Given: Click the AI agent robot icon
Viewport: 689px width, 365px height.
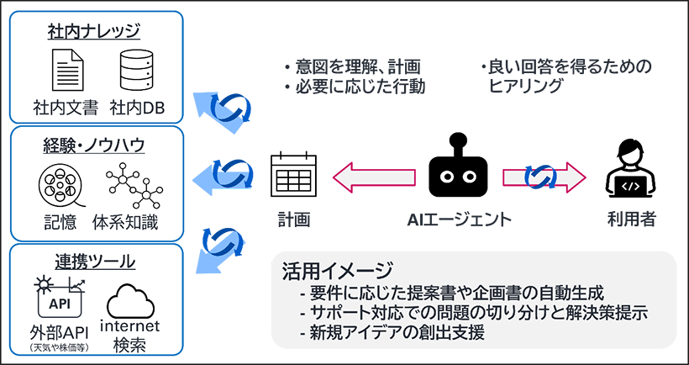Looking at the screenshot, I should pyautogui.click(x=458, y=169).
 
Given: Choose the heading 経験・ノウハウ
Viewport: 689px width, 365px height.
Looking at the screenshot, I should pyautogui.click(x=93, y=145).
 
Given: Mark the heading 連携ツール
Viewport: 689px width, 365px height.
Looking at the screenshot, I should pyautogui.click(x=93, y=262).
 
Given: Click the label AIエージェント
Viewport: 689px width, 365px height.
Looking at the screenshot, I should pyautogui.click(x=459, y=220).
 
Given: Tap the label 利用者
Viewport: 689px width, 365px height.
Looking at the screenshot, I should pyautogui.click(x=631, y=220).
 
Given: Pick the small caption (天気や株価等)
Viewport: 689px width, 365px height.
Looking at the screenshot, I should pyautogui.click(x=61, y=346).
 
